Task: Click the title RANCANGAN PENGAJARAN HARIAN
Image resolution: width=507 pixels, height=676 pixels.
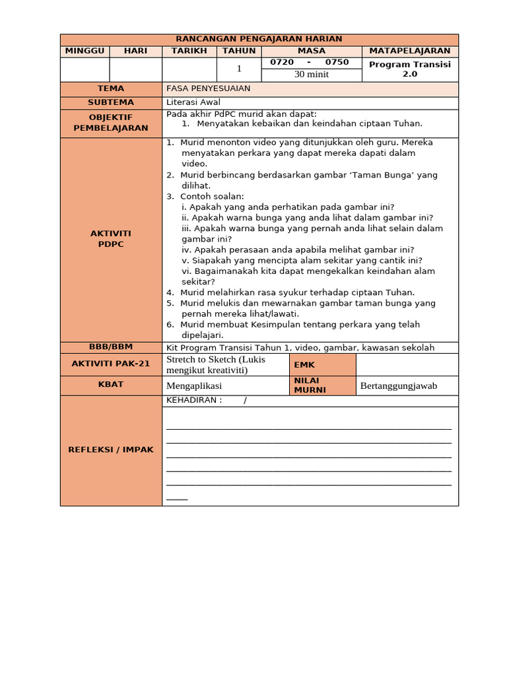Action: [x=259, y=40]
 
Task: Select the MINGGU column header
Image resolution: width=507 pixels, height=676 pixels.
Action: [x=84, y=51]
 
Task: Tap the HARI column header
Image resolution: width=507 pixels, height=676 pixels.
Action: [x=135, y=51]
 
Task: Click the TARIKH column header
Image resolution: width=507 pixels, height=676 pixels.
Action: [x=189, y=51]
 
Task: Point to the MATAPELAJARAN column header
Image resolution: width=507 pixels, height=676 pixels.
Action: [x=409, y=51]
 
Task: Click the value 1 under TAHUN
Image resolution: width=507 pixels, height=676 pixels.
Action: [x=239, y=69]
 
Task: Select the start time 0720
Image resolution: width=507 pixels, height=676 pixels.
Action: [x=282, y=62]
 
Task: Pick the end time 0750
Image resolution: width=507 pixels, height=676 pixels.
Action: [x=337, y=62]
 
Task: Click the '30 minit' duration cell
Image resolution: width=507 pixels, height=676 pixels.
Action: [x=311, y=75]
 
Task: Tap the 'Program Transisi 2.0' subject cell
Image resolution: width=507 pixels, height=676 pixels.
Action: [x=409, y=69]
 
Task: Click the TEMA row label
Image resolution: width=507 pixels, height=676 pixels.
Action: [x=111, y=88]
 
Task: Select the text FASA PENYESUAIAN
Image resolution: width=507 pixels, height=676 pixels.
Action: [x=208, y=88]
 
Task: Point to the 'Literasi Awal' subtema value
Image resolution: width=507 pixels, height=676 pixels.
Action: [x=193, y=102]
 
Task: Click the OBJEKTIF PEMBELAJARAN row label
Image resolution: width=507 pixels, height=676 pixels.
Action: [x=111, y=123]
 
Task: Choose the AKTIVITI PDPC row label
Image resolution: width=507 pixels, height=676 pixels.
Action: [x=111, y=239]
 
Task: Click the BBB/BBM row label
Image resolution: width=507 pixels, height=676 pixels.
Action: [x=111, y=347]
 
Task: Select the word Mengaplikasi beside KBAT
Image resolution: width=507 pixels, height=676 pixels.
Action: [x=194, y=386]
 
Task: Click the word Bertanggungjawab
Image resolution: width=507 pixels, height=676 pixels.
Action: [x=399, y=386]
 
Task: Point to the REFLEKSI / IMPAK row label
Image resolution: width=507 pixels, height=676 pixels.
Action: [x=111, y=450]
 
